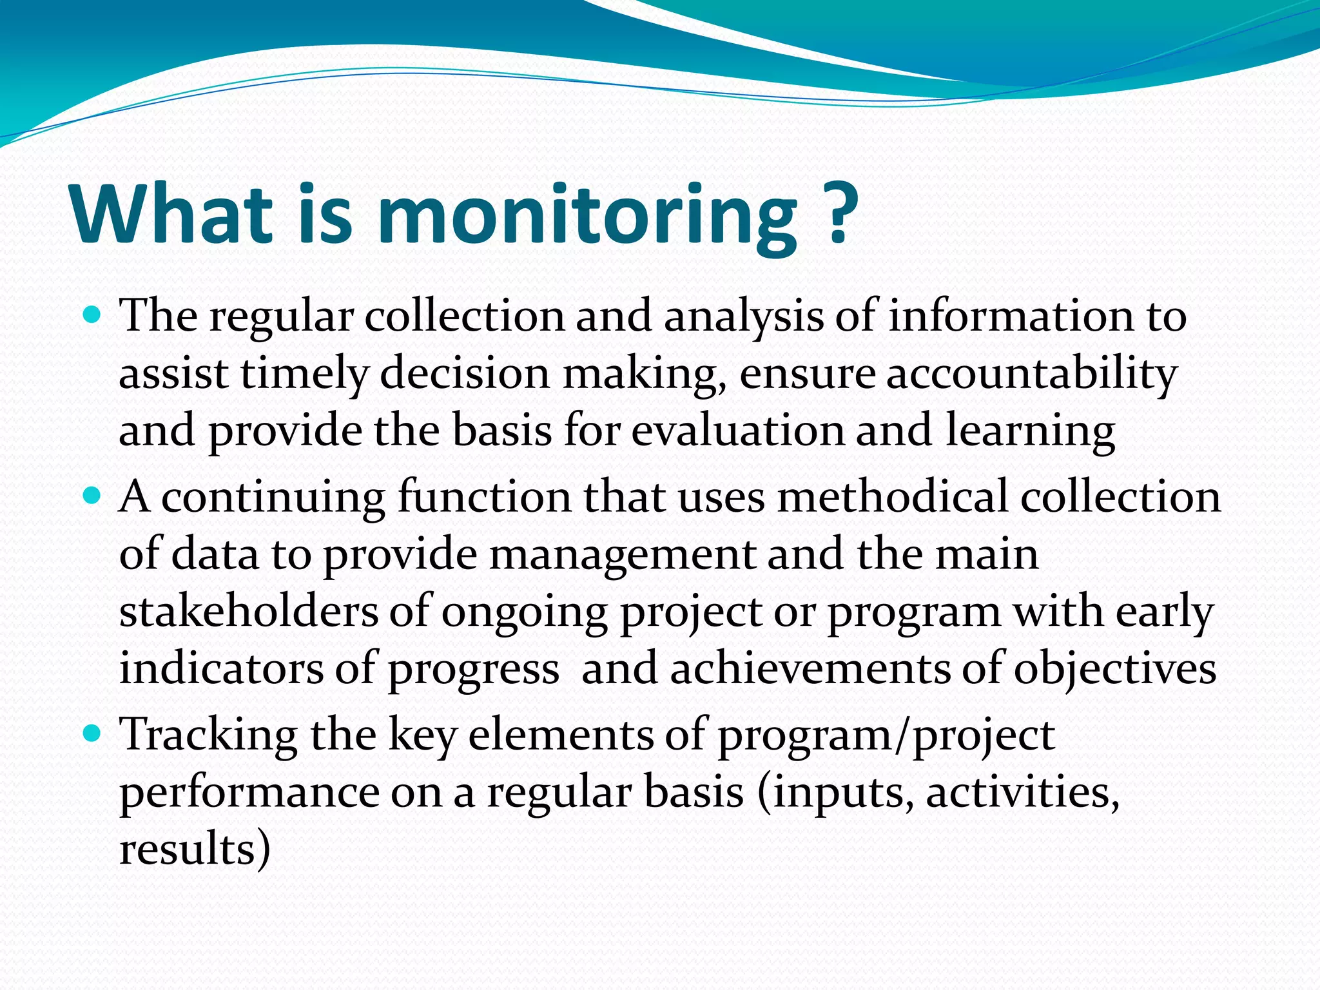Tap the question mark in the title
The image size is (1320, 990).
coord(837,213)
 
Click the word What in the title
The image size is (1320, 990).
coord(173,213)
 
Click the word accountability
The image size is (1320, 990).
coord(1031,374)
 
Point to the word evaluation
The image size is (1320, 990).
coord(737,431)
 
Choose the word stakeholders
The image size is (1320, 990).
coord(249,611)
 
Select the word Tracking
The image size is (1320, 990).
coord(208,735)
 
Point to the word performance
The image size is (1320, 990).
coord(249,793)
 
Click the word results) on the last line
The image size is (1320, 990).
coord(194,849)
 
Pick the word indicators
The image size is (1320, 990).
coord(221,668)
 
